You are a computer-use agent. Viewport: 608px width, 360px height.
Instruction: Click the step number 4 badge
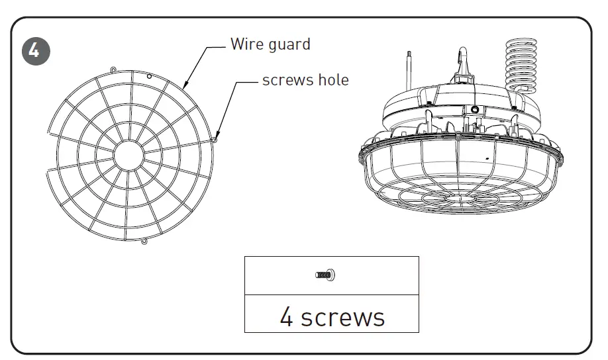pyautogui.click(x=35, y=51)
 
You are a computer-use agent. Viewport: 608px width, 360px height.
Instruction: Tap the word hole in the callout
pyautogui.click(x=331, y=80)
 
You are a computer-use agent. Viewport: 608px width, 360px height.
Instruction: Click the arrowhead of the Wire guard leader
pyautogui.click(x=185, y=87)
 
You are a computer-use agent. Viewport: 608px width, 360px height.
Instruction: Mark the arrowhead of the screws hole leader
pyautogui.click(x=217, y=136)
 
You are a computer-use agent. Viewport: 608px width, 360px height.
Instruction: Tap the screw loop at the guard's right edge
pyautogui.click(x=217, y=139)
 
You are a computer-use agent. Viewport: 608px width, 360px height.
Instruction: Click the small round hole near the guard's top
pyautogui.click(x=150, y=77)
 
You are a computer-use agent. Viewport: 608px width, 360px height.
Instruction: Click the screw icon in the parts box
pyautogui.click(x=325, y=275)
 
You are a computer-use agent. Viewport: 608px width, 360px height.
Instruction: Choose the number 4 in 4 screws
pyautogui.click(x=286, y=317)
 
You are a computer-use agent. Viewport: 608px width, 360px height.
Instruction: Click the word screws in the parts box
pyautogui.click(x=342, y=318)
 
